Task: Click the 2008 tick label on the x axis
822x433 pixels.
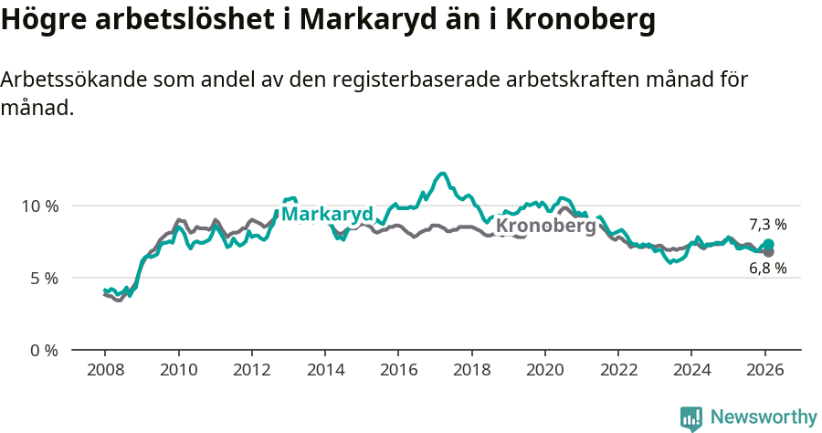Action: [x=105, y=373]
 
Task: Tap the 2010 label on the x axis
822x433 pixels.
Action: [x=178, y=373]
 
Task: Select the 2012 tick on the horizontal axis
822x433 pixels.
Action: [x=251, y=373]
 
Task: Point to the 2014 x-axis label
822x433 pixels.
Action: [x=325, y=373]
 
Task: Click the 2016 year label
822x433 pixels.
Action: [x=398, y=373]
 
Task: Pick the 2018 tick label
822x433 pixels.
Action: [x=471, y=373]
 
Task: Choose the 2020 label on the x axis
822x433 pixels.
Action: [x=544, y=373]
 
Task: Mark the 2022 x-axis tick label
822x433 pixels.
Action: [x=617, y=373]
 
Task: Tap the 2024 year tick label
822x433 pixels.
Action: [x=690, y=373]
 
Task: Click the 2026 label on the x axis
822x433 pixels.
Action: [x=764, y=373]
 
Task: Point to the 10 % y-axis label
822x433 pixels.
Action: [x=39, y=206]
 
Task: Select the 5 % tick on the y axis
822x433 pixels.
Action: [x=44, y=278]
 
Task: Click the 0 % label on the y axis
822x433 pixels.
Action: [x=44, y=350]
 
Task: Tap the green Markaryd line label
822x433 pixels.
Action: [x=326, y=215]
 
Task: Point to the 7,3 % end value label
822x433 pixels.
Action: [x=767, y=225]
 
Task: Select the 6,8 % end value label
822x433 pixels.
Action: [x=767, y=269]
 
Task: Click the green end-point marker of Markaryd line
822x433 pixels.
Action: [x=769, y=244]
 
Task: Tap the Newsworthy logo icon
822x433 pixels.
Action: [x=691, y=418]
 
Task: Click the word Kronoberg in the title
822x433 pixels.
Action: [x=580, y=20]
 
